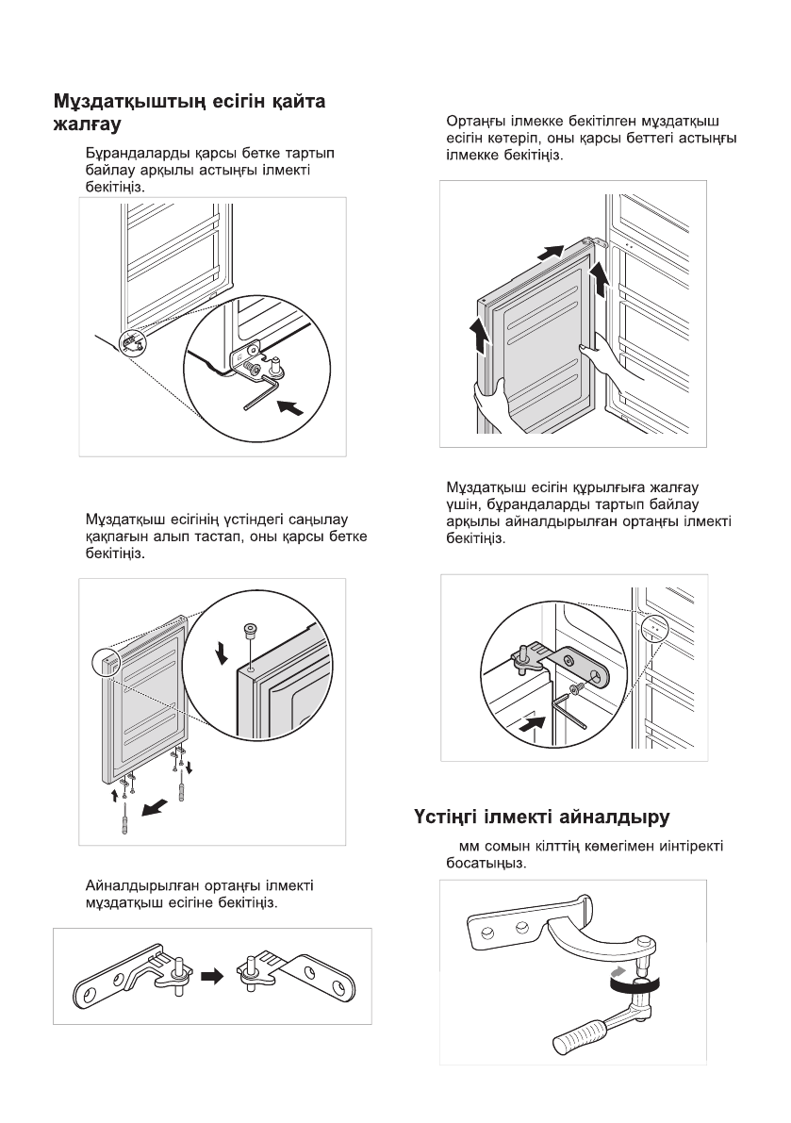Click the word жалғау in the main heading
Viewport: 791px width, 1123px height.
point(88,124)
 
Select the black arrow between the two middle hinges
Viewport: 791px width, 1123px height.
point(214,977)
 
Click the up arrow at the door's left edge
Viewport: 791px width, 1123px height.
point(481,337)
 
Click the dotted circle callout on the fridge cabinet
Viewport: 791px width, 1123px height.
point(652,630)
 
